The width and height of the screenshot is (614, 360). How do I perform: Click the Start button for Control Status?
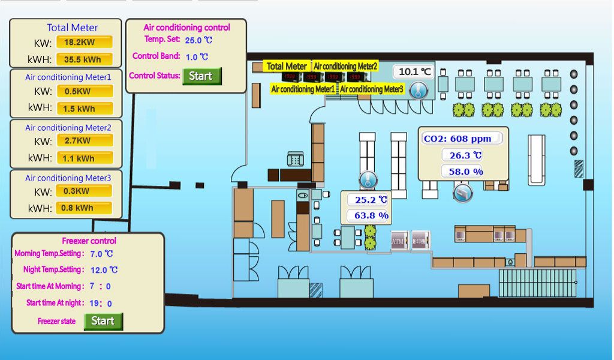click(201, 76)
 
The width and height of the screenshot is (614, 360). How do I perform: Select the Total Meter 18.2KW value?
click(84, 43)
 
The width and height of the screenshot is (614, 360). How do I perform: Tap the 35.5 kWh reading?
click(84, 59)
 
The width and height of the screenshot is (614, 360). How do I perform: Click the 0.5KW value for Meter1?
click(84, 92)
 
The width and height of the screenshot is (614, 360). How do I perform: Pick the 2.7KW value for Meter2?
click(84, 141)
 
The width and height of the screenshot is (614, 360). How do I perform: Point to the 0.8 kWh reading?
click(84, 208)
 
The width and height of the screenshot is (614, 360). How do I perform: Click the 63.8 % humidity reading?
click(371, 215)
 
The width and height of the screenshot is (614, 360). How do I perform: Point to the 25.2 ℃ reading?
click(371, 200)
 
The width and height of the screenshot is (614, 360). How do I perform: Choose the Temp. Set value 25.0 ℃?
click(198, 40)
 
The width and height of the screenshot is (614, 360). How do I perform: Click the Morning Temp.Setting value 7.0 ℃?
click(101, 254)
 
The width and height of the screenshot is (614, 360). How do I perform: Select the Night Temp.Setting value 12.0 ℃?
click(104, 270)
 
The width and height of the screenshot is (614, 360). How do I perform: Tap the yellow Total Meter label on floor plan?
click(287, 67)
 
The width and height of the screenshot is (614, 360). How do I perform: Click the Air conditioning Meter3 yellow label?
click(372, 89)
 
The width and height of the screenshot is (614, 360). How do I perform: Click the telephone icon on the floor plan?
click(295, 159)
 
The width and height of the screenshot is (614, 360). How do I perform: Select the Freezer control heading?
click(89, 241)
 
